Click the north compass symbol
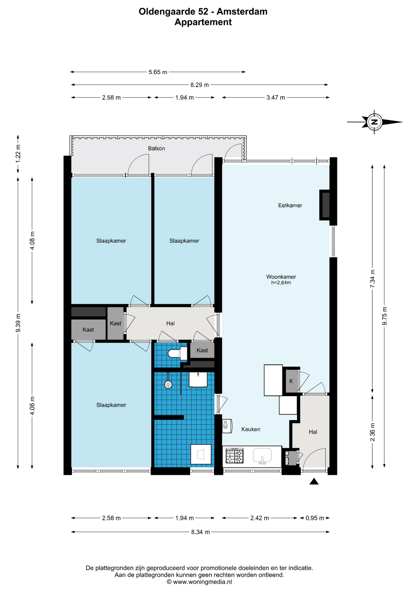(375, 122)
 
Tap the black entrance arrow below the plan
(314, 481)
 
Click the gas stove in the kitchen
(234, 456)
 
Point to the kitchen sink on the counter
(262, 456)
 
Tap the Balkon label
(156, 149)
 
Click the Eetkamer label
(290, 205)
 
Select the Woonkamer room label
(281, 277)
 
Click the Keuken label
(251, 429)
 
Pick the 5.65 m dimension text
(158, 72)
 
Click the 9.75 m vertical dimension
(384, 316)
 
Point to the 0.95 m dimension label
(315, 518)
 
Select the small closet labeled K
(291, 381)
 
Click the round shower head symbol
(168, 385)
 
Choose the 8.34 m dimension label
(200, 532)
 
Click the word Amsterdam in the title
(242, 12)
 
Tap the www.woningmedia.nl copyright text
(199, 582)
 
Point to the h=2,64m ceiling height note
(281, 283)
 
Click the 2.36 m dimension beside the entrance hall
(372, 432)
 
